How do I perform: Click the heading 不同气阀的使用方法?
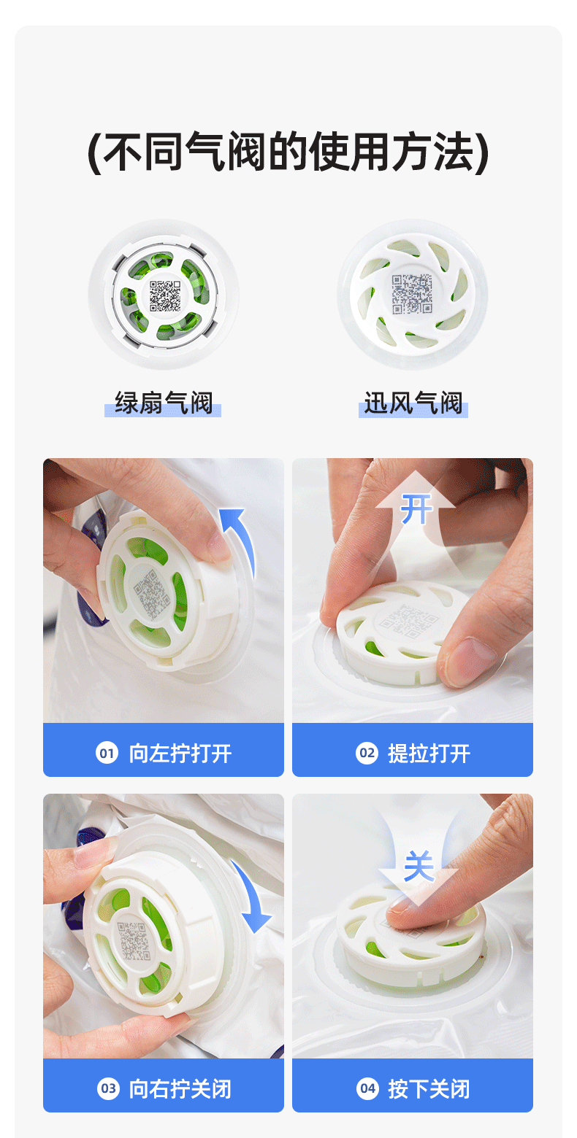288,152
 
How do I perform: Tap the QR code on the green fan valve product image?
165,295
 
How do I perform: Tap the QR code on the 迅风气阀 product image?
412,294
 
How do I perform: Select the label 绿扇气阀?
164,403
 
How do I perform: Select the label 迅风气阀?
413,403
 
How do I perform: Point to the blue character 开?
416,510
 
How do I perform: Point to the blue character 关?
419,866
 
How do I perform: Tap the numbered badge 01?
107,753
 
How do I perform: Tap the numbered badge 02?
367,753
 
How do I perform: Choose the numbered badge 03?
108,1088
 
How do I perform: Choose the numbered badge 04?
367,1088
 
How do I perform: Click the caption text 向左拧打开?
180,754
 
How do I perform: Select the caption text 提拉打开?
429,754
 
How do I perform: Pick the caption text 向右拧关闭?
180,1088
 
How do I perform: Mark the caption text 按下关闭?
429,1088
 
